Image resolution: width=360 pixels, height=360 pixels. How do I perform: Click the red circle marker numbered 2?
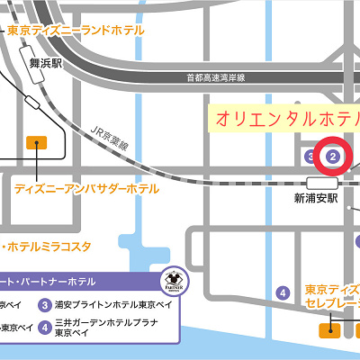point(334,156)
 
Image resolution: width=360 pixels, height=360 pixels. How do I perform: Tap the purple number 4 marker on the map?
point(283,292)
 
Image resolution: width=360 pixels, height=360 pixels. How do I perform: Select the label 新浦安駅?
point(315,198)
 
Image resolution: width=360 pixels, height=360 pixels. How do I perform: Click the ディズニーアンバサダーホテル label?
point(86,189)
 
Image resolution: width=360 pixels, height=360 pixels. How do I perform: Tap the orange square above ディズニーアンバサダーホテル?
point(36,141)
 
